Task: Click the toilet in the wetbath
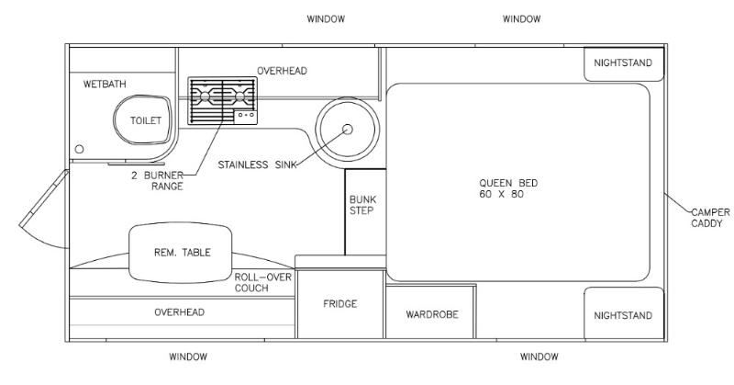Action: (x=143, y=119)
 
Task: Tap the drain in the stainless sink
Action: (x=348, y=129)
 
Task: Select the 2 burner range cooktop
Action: (x=222, y=101)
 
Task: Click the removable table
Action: (x=180, y=253)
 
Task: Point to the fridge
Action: (x=340, y=304)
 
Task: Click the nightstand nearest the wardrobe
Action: (x=624, y=313)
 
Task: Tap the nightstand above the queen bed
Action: (x=624, y=63)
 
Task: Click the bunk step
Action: (x=365, y=212)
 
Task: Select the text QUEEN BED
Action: (x=508, y=183)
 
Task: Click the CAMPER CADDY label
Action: (x=710, y=218)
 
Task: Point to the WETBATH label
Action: (x=105, y=85)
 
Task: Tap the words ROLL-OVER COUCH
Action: (x=262, y=282)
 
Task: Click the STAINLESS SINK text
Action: (x=257, y=164)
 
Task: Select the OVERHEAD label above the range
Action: (x=282, y=71)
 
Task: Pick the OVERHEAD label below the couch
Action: (x=179, y=312)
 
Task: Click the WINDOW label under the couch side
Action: (x=188, y=357)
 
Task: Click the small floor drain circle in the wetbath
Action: (x=80, y=149)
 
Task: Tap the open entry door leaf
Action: (x=44, y=198)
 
